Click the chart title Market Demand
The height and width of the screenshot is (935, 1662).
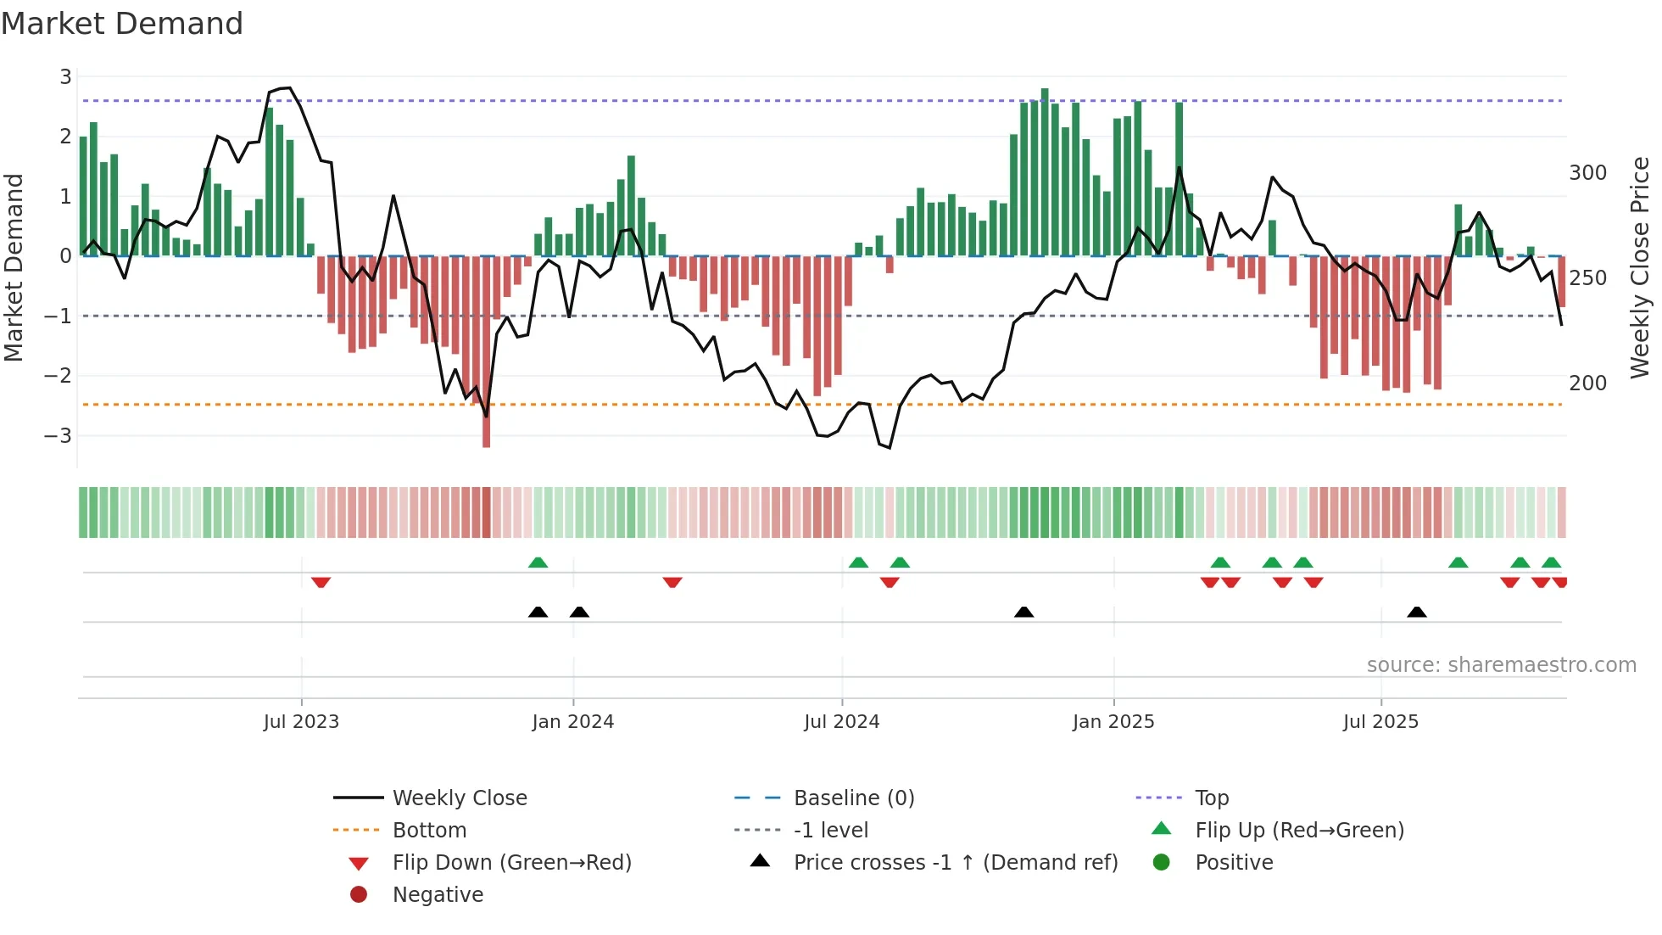[122, 24]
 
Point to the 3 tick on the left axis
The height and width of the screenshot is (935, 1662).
[65, 77]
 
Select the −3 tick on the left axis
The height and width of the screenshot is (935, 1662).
[59, 436]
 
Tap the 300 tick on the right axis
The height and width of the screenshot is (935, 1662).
[1587, 173]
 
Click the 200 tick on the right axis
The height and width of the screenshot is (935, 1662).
[1587, 384]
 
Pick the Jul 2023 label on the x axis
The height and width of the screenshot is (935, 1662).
[301, 722]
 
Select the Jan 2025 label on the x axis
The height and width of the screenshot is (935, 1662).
[1113, 722]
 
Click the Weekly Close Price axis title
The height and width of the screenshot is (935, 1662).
[1640, 267]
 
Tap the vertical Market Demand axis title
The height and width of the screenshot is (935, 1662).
[14, 267]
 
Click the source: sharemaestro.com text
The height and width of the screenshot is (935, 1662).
[1501, 665]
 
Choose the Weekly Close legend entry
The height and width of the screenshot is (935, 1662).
[459, 798]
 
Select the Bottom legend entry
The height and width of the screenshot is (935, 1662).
[429, 831]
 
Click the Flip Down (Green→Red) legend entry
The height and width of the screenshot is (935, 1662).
[511, 863]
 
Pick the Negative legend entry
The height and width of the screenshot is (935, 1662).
[438, 895]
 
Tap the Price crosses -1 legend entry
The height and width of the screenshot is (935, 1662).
[955, 863]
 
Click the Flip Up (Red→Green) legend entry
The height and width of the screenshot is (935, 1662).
[1299, 831]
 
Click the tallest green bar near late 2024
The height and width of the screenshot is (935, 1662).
[1045, 170]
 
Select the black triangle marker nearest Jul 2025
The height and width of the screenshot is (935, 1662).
[1416, 612]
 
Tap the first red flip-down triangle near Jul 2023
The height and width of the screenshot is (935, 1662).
[321, 582]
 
